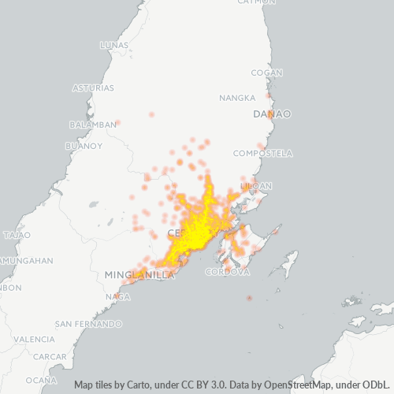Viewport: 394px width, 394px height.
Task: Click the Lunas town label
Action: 113,45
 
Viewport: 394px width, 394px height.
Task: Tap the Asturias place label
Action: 93,87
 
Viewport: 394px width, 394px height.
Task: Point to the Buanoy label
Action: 84,146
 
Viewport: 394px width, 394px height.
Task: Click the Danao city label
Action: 272,114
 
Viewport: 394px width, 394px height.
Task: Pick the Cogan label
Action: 266,72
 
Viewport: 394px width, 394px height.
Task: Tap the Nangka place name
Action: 237,98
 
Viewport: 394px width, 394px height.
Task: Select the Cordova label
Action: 227,272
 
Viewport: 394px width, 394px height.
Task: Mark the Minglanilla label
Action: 139,274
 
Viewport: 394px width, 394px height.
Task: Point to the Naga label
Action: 117,296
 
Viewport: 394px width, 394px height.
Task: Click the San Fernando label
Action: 88,324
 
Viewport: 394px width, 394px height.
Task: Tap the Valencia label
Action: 35,339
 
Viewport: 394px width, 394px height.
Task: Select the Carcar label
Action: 50,356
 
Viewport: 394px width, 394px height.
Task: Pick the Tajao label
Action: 17,235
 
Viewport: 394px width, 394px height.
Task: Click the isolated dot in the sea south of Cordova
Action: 249,298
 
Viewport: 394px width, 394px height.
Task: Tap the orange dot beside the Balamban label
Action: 118,123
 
